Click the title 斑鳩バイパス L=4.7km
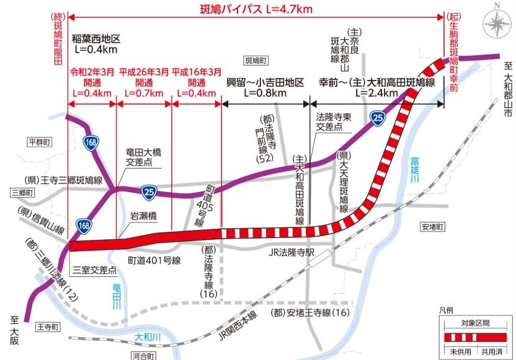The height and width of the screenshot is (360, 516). tap(256, 10)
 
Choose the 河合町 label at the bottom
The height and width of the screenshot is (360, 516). tap(145, 356)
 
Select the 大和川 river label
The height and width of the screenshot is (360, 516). tap(148, 337)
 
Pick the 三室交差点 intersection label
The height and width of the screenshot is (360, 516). tap(95, 270)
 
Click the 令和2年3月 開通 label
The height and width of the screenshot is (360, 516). tap(92, 77)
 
